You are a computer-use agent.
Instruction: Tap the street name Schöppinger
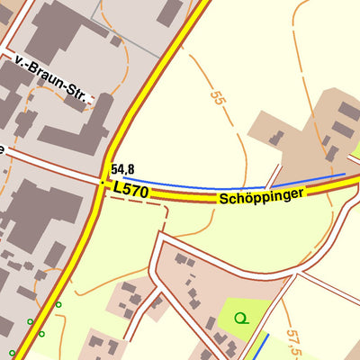(262, 195)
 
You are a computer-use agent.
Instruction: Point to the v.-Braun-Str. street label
(53, 78)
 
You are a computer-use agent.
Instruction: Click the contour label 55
(216, 99)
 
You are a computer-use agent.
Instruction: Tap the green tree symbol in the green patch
(240, 318)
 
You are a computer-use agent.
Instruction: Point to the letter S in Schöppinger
(222, 200)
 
